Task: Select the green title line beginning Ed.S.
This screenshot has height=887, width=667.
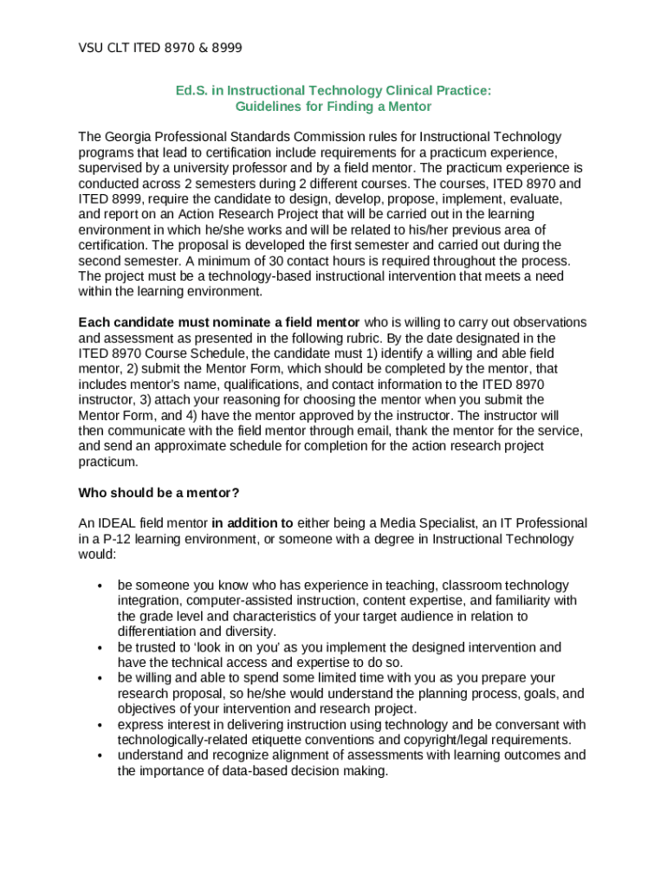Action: point(333,90)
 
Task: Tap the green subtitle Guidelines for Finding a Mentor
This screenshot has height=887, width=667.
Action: point(333,107)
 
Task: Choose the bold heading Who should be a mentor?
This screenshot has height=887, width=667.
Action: point(159,493)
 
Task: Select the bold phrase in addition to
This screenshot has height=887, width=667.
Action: point(252,523)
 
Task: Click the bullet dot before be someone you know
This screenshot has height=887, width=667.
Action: point(100,586)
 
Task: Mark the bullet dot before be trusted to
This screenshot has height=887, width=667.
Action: point(100,648)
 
